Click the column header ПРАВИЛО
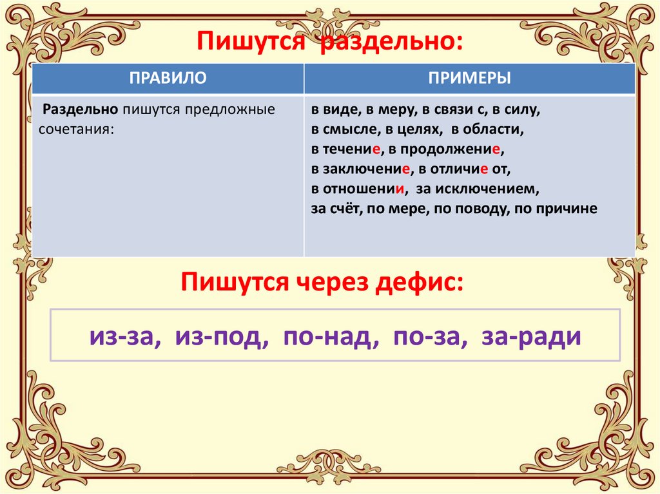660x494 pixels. click(168, 78)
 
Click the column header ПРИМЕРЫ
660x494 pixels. click(469, 78)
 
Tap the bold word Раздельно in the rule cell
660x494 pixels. click(80, 109)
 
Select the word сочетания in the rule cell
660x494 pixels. click(77, 129)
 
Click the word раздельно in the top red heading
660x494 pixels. click(391, 42)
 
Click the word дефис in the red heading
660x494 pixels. click(419, 282)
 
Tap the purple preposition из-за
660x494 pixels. click(125, 337)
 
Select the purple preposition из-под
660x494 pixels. click(222, 337)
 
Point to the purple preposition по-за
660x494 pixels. click(430, 337)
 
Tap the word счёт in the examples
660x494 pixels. click(346, 209)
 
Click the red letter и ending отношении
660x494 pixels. click(400, 189)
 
